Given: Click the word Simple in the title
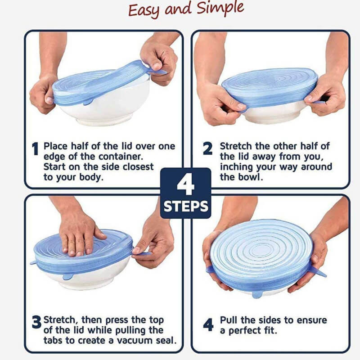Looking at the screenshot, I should (220, 9).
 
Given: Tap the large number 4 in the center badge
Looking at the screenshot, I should (185, 184).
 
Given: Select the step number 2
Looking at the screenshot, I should (207, 149).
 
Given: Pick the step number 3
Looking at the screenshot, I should (36, 323).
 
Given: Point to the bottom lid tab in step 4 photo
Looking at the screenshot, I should (256, 294).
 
